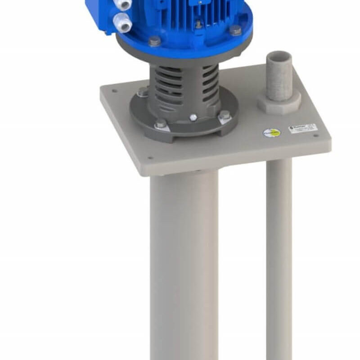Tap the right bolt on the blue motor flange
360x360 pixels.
235,30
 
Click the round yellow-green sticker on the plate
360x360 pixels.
271,133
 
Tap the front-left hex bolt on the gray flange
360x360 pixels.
160,125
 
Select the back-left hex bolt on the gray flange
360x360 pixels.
142,93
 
